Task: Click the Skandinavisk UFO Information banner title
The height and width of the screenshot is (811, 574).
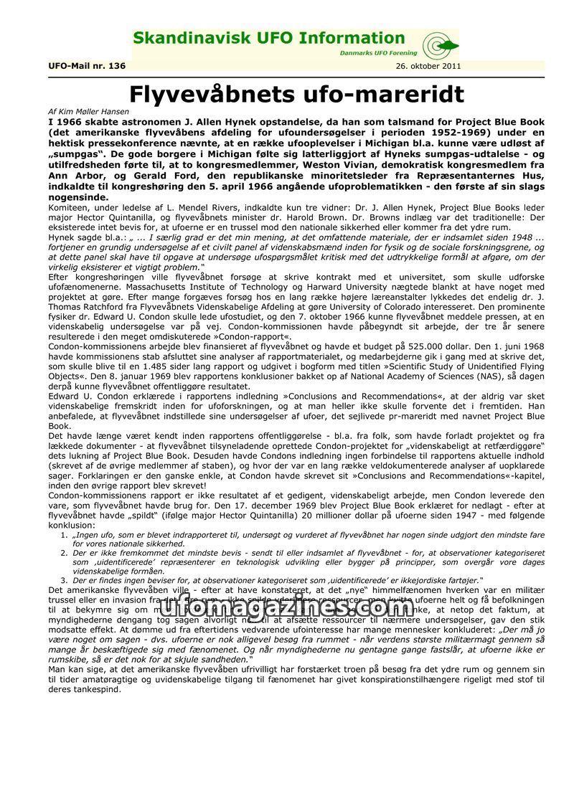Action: (x=269, y=39)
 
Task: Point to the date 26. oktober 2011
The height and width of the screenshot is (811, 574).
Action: (x=428, y=67)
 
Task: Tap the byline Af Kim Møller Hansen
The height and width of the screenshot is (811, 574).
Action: (x=84, y=113)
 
